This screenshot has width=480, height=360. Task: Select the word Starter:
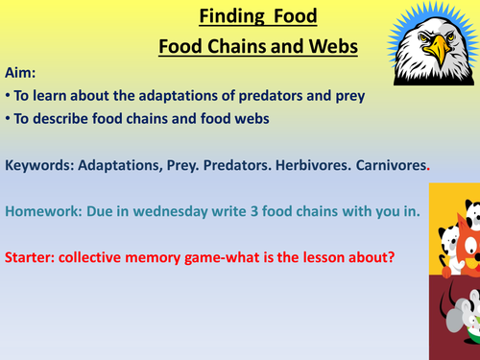coord(34,258)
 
